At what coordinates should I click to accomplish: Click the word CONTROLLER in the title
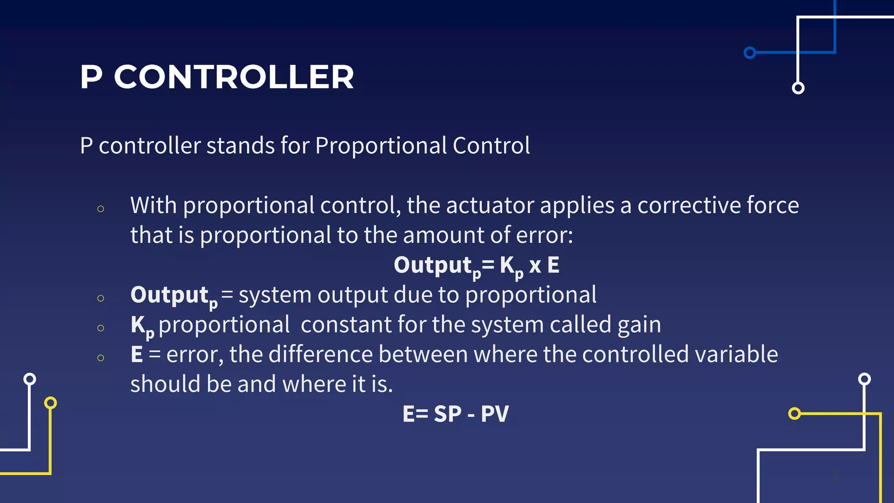point(234,77)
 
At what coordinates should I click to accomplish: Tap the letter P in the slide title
point(91,77)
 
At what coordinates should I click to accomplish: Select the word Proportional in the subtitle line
point(381,145)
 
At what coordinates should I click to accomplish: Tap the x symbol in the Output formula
point(535,265)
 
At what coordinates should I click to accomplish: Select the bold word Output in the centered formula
point(433,265)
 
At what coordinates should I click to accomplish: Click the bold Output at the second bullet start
point(169,295)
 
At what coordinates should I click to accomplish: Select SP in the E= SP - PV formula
point(447,414)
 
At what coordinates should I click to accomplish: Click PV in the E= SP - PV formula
point(495,414)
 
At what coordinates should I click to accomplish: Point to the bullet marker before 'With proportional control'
point(101,209)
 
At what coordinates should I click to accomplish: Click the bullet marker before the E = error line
point(101,358)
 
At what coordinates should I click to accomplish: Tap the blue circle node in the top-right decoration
point(750,53)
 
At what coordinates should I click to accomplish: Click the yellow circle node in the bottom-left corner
point(51,403)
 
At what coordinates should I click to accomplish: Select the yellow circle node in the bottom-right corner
point(794,413)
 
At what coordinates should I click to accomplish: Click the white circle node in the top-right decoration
point(798,88)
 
